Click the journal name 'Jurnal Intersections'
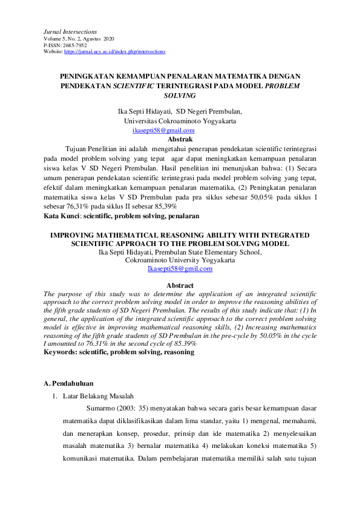pos(70,31)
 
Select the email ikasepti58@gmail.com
pos(163,130)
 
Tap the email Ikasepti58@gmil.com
pos(180,269)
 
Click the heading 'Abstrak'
pos(180,138)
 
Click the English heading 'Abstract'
pos(180,285)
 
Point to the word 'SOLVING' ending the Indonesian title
pos(180,96)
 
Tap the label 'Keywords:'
pos(63,352)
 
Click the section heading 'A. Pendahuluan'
pos(68,383)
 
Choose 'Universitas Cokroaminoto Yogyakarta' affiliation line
pos(180,121)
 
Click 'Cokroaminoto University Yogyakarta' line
pos(180,261)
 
